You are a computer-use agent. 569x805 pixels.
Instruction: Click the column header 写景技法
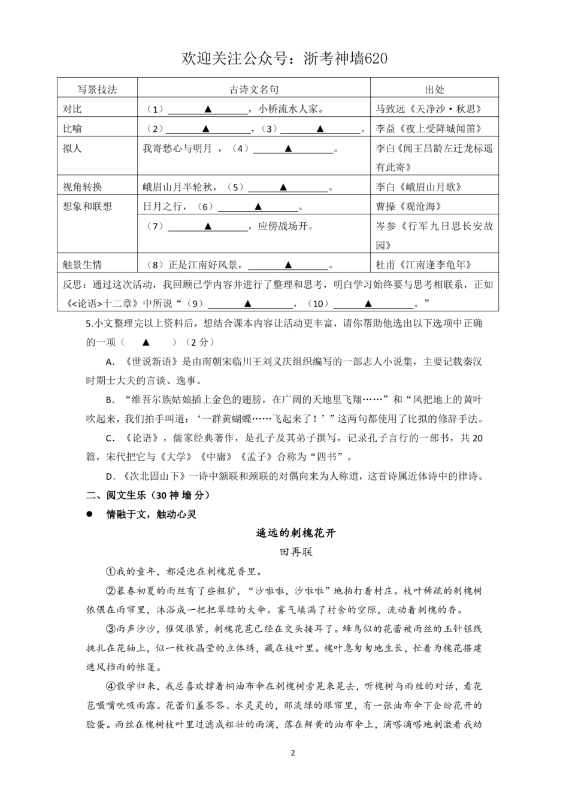pyautogui.click(x=97, y=89)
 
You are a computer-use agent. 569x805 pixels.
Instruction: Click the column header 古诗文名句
pyautogui.click(x=254, y=89)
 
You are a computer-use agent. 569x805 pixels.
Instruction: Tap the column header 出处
pyautogui.click(x=435, y=89)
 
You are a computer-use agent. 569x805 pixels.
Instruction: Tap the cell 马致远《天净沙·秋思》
pyautogui.click(x=429, y=109)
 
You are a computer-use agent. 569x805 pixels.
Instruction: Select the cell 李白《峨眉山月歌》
pyautogui.click(x=419, y=187)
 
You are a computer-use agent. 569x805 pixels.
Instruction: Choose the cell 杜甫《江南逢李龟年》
pyautogui.click(x=423, y=265)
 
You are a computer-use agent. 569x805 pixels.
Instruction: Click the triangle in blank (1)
pyautogui.click(x=208, y=109)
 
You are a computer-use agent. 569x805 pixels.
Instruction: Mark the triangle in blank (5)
pyautogui.click(x=283, y=187)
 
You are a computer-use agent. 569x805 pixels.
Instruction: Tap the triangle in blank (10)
pyautogui.click(x=368, y=303)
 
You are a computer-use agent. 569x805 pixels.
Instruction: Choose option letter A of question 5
pyautogui.click(x=110, y=362)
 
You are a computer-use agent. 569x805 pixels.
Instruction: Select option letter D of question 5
pyautogui.click(x=110, y=477)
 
